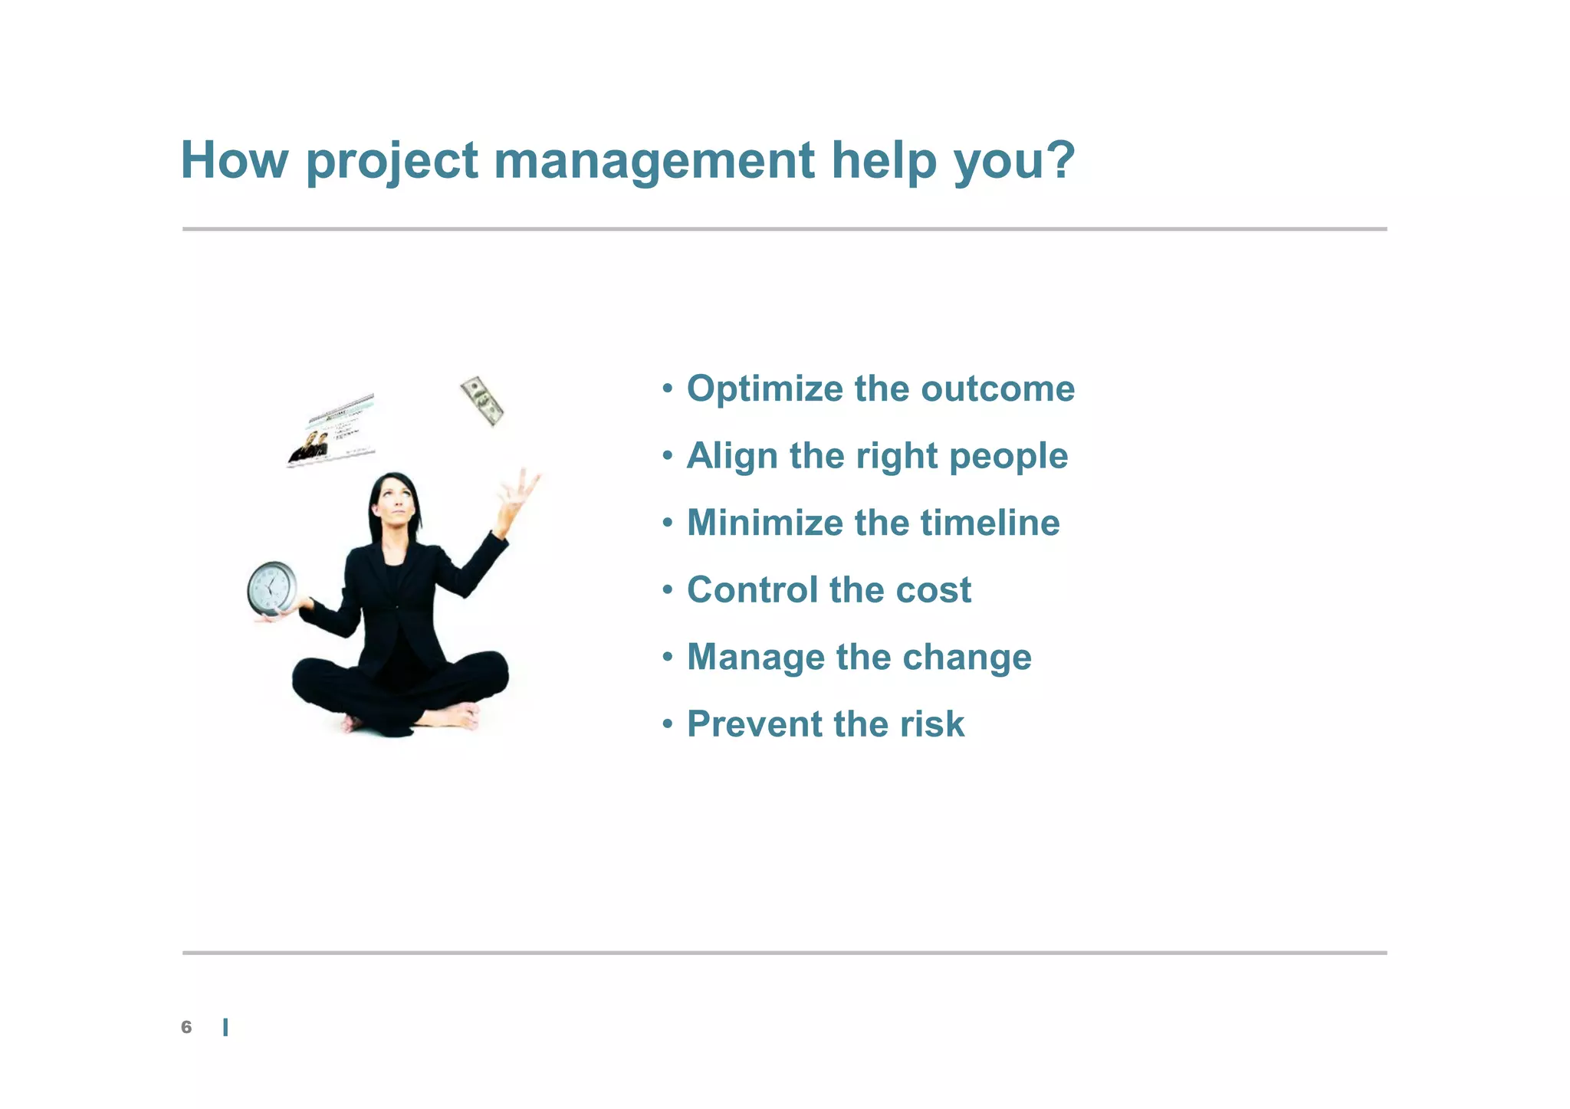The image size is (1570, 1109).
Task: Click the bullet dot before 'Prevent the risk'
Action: point(668,723)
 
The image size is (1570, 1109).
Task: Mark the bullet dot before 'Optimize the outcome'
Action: point(668,388)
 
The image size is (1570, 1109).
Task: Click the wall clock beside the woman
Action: point(272,588)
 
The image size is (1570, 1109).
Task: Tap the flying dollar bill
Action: point(482,401)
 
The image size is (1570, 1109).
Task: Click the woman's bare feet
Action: point(458,719)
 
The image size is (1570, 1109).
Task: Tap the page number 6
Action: point(186,1027)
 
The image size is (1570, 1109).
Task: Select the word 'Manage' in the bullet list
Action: point(754,658)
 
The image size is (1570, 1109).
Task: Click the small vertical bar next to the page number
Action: point(225,1028)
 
